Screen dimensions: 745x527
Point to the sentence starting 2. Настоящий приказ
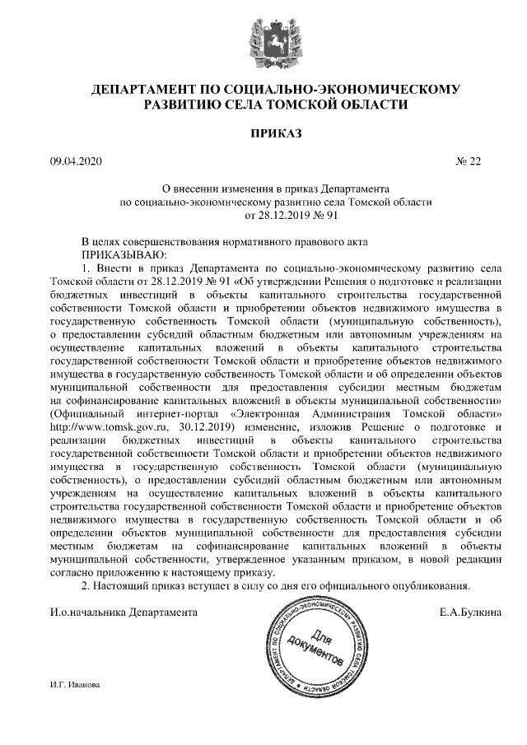coord(276,585)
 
